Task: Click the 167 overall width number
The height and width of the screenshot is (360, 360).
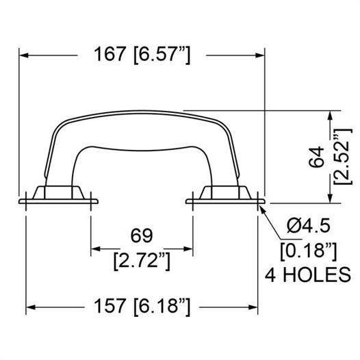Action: click(x=110, y=54)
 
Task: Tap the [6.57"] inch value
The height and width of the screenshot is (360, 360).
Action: click(x=162, y=55)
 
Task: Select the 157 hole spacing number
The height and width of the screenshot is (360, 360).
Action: click(x=110, y=306)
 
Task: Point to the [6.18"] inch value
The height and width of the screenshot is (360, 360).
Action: click(x=162, y=307)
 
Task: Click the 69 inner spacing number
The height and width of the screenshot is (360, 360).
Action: click(x=142, y=235)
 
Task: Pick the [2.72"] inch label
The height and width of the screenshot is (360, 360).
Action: click(x=142, y=261)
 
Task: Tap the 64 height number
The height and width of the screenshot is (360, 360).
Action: click(x=316, y=157)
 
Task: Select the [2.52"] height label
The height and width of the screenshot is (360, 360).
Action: click(x=343, y=157)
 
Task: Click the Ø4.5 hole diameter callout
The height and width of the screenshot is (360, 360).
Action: click(x=309, y=226)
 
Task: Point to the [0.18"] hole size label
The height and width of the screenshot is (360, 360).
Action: click(x=309, y=250)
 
